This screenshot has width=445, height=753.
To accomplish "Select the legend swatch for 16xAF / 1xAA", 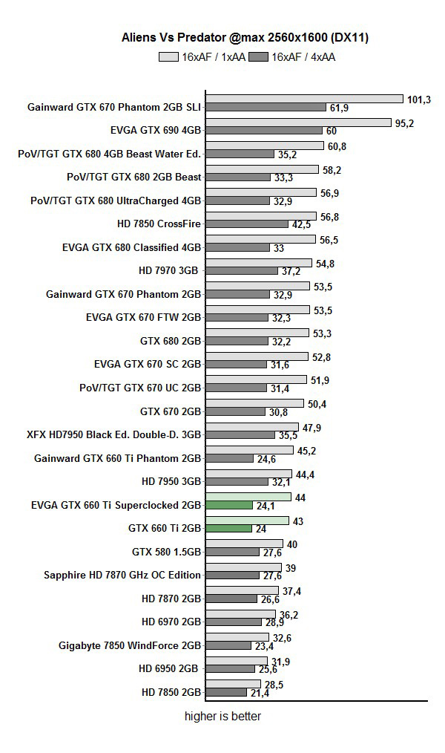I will point(168,56).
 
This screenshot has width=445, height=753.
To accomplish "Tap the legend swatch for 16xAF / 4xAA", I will point(259,56).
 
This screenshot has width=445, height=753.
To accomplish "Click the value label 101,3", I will point(418,100).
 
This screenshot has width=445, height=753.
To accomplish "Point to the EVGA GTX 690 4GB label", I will point(156,130).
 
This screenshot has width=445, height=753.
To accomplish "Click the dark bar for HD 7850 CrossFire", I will point(247,224).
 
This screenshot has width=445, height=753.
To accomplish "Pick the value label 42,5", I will point(300,224).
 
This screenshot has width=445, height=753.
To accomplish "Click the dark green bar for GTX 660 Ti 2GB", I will point(229,528).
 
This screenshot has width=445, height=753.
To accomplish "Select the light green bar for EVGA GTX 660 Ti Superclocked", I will point(248,497).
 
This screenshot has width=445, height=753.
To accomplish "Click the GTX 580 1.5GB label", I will point(166,552).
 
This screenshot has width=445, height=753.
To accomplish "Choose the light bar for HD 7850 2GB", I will point(233,684).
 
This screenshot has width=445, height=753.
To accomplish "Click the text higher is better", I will point(222,717).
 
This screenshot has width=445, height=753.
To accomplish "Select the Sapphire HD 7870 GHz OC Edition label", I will point(122,575).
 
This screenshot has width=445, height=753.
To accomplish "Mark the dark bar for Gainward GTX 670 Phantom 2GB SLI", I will point(266,108).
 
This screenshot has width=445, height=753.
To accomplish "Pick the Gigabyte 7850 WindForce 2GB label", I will point(130,645).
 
